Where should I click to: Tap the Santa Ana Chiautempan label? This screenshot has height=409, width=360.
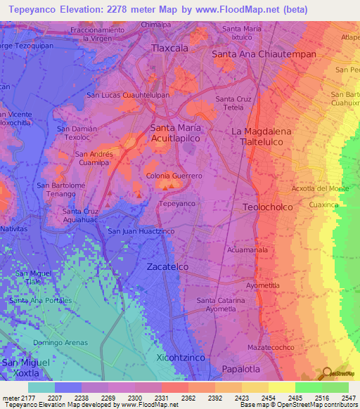pos(264,53)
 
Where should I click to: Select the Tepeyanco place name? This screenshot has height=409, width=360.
pos(176,203)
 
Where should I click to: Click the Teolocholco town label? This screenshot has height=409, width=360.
pos(266,207)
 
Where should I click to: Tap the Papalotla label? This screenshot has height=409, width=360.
pos(241,368)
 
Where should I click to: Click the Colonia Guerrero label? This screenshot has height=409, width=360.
pos(174,176)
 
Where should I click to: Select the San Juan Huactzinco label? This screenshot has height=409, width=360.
pos(141,231)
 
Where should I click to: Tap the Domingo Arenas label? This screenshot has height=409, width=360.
pos(60,342)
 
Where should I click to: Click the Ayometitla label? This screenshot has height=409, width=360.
pos(263,285)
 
